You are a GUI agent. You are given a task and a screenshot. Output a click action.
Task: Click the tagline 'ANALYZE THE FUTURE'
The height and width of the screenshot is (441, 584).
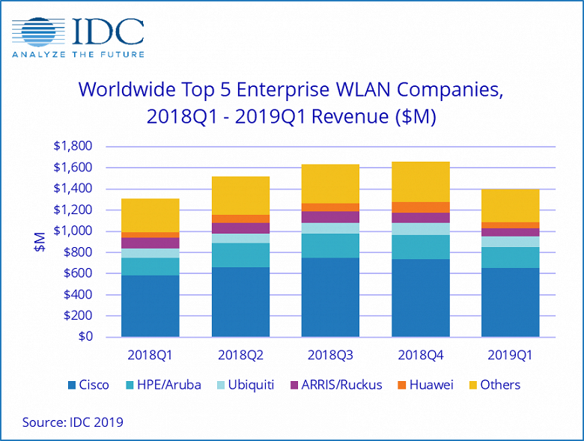pos(77,55)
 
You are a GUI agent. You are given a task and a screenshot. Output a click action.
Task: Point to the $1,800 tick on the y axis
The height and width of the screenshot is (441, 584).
pos(73,146)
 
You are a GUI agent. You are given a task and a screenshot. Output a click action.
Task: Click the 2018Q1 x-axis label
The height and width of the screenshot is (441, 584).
pos(150,355)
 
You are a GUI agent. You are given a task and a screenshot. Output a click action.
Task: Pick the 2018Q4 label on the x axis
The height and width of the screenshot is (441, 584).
pos(420,355)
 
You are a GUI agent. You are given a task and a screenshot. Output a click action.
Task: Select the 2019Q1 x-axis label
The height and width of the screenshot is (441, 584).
pos(510,355)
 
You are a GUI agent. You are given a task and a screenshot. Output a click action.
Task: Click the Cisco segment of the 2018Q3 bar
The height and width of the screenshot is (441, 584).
pos(330,297)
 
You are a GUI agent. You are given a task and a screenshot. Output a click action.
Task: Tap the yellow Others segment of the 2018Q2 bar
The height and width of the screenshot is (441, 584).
pos(240,195)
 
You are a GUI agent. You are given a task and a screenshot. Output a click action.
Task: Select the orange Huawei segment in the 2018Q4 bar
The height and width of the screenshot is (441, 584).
pos(420,207)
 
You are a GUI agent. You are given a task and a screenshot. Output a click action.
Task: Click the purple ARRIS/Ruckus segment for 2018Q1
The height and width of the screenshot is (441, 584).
pos(150,243)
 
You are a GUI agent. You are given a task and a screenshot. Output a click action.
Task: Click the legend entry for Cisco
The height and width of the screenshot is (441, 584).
pos(88,385)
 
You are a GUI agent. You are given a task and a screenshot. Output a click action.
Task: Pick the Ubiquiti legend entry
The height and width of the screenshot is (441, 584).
pos(242,385)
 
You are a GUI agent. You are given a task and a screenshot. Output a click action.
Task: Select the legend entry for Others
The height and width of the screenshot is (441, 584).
pos(493,385)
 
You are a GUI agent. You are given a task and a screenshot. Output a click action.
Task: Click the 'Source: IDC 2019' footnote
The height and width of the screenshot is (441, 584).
pos(73,422)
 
